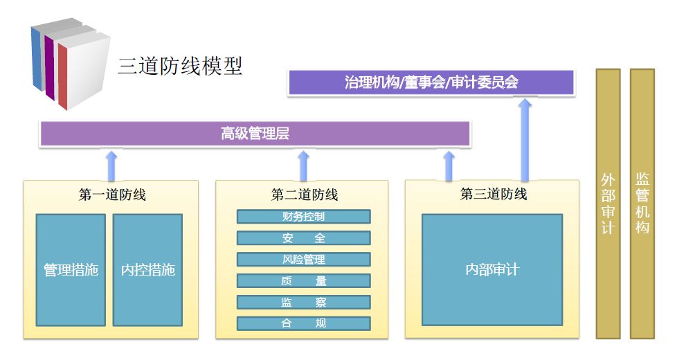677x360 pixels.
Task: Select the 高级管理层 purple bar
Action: [255, 134]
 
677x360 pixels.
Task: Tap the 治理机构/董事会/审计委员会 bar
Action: [431, 83]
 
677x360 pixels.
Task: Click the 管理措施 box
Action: [71, 270]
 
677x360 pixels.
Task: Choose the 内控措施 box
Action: [147, 270]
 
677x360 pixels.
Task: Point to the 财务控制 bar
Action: [303, 217]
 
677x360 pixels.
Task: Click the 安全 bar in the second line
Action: [303, 238]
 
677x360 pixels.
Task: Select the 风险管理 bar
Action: [303, 260]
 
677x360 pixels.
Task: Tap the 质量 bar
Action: [303, 281]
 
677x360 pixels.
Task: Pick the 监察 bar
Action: [303, 303]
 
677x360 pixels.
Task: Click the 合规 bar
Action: [303, 323]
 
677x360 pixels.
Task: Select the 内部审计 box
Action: [491, 269]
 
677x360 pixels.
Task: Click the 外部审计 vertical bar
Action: [608, 204]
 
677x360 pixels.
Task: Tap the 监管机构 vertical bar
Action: [642, 204]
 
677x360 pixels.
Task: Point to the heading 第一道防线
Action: [112, 195]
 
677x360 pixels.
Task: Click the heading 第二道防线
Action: [304, 195]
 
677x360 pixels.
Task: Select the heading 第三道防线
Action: [494, 194]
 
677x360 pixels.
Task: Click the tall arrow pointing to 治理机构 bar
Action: [525, 138]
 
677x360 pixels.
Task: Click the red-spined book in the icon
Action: [82, 69]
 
